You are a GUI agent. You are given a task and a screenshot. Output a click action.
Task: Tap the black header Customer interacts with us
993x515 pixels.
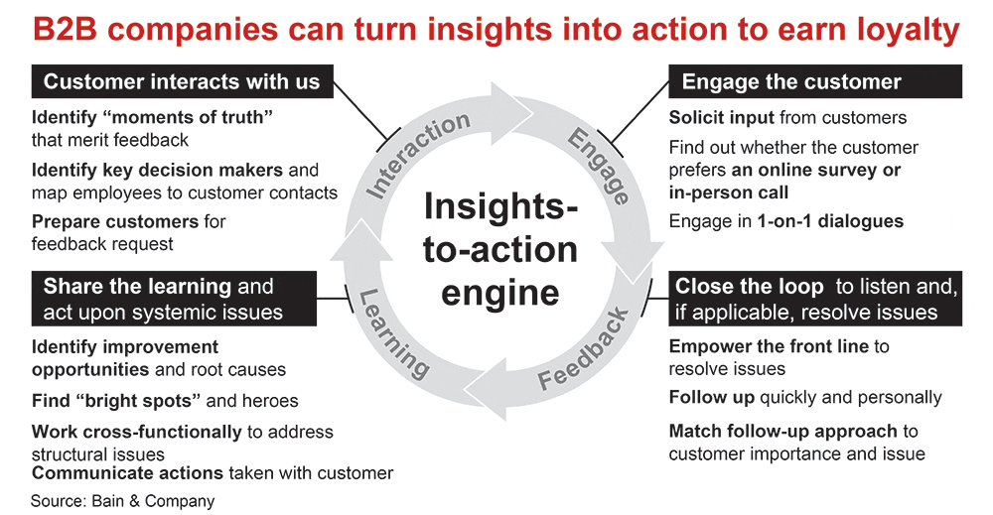[x=182, y=81]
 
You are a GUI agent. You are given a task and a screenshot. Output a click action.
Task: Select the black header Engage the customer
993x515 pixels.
[x=791, y=81]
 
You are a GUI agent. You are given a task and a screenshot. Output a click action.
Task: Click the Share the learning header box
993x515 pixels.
[x=174, y=300]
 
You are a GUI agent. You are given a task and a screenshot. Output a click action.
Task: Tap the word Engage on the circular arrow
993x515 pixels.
[x=598, y=165]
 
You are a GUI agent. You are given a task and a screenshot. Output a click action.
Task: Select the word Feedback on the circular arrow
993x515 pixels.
[x=584, y=349]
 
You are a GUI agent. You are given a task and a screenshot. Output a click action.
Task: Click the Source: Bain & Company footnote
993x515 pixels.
[x=122, y=501]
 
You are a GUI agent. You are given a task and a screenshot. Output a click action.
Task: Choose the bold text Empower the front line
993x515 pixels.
[x=769, y=346]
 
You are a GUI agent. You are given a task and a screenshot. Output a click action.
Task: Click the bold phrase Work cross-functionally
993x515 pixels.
[x=136, y=432]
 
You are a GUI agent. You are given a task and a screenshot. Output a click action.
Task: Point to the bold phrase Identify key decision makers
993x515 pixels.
[x=157, y=170]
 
